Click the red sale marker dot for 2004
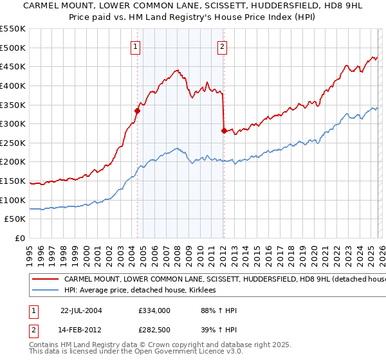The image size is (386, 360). coord(137,111)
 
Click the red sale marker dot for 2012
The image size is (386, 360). coord(223,130)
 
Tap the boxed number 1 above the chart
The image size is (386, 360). coord(136,46)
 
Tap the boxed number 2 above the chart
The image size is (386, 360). coord(222,46)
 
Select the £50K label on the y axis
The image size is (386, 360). coord(15,219)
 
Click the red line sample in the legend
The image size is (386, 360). coord(46,280)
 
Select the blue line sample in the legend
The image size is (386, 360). coord(46,291)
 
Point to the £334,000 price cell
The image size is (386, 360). coord(154,310)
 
